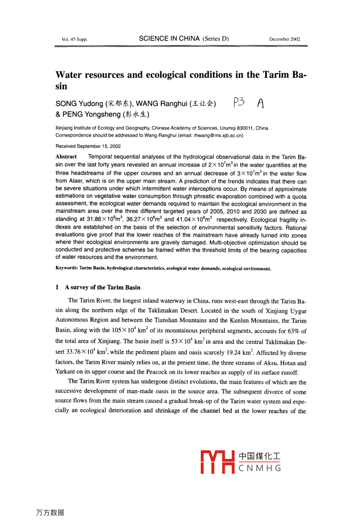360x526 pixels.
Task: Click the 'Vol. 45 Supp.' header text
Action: pyautogui.click(x=74, y=39)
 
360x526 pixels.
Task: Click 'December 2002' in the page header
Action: pyautogui.click(x=284, y=39)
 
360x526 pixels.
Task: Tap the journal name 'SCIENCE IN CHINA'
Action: pyautogui.click(x=170, y=39)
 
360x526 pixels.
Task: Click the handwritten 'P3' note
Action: pyautogui.click(x=239, y=103)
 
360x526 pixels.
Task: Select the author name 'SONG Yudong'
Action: pyautogui.click(x=79, y=104)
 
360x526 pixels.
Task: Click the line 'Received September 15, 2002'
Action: pyautogui.click(x=88, y=146)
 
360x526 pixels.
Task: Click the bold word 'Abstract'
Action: pyautogui.click(x=66, y=157)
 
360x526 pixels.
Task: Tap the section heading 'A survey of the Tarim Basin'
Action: pyautogui.click(x=102, y=287)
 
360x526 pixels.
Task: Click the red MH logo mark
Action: pyautogui.click(x=218, y=462)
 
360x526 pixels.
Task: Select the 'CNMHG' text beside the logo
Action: pyautogui.click(x=260, y=468)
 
